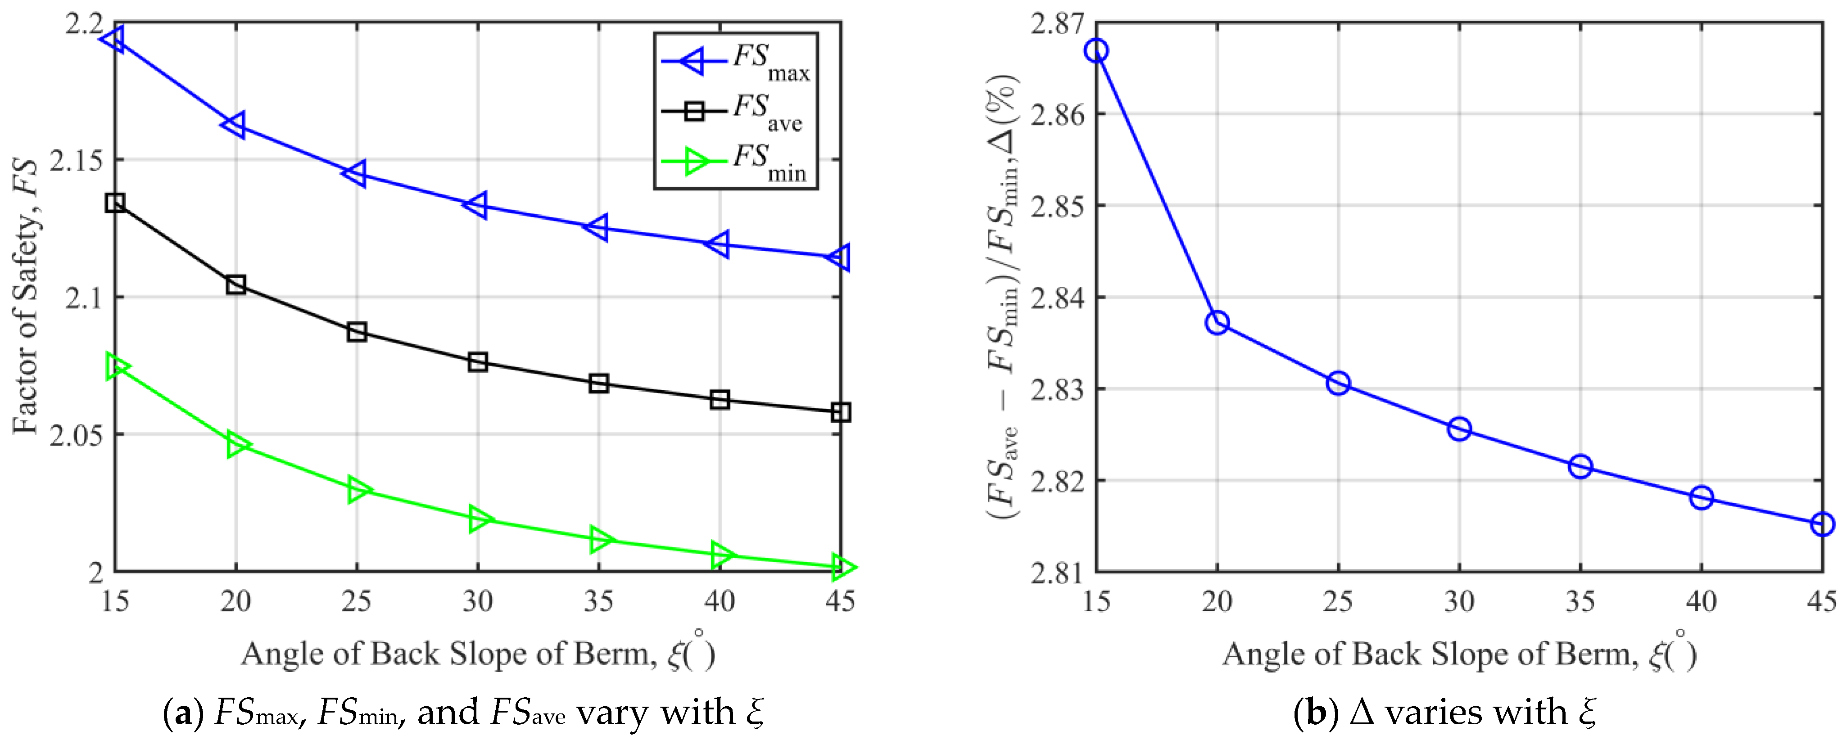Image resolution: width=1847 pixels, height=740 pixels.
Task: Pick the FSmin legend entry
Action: pos(734,161)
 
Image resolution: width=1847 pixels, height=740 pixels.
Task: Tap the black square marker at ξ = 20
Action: pos(236,284)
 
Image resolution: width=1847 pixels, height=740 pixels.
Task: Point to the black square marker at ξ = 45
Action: pos(840,412)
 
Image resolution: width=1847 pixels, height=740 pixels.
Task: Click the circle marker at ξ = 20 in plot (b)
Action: pos(1217,323)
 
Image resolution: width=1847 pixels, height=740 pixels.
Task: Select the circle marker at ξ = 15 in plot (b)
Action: pos(1096,50)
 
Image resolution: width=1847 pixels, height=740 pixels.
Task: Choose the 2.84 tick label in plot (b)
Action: pos(1056,298)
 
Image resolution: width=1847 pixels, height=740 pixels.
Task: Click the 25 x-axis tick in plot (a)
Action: pos(356,601)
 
